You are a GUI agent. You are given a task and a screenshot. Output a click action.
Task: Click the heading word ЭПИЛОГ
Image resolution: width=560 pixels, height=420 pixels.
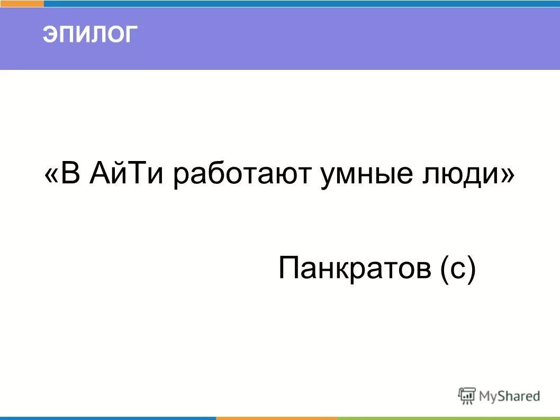[90, 35]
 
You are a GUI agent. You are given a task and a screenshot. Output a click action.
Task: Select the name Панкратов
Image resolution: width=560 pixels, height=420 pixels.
[355, 268]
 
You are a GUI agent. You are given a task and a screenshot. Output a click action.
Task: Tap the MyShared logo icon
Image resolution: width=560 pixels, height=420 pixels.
[466, 396]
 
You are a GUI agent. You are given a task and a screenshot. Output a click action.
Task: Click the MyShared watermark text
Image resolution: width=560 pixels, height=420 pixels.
[509, 396]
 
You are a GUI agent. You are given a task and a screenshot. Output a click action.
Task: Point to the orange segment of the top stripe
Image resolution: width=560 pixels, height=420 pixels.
[22, 3]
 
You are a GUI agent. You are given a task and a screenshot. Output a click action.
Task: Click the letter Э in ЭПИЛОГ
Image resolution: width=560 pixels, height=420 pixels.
[50, 35]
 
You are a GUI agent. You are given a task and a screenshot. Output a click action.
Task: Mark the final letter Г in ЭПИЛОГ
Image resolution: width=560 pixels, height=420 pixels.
[131, 35]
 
